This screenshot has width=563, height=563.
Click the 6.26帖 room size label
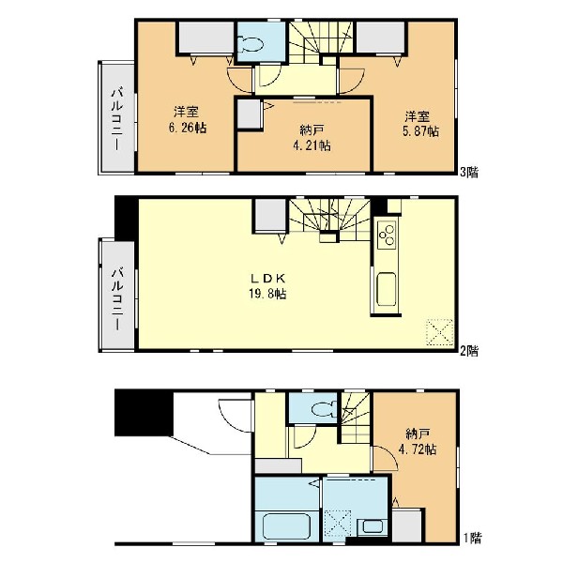click(188, 128)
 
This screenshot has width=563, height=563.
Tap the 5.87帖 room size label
click(419, 131)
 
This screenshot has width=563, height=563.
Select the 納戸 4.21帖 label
click(312, 138)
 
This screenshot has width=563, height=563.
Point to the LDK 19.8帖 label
click(267, 286)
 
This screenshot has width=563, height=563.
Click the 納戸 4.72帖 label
click(418, 442)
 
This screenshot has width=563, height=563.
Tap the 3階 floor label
click(470, 173)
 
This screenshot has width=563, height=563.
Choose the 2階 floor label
click(470, 350)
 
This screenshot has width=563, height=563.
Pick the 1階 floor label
click(472, 539)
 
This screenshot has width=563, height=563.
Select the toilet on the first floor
click(323, 409)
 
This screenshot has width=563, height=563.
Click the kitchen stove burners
click(387, 236)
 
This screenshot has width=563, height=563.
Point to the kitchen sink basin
click(387, 289)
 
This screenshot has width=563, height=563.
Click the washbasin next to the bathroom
click(373, 526)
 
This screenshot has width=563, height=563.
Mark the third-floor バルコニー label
click(117, 119)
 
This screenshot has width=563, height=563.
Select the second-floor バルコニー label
click(117, 298)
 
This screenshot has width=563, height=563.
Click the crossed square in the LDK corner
click(439, 332)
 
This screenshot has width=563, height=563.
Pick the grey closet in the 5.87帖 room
click(380, 38)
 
